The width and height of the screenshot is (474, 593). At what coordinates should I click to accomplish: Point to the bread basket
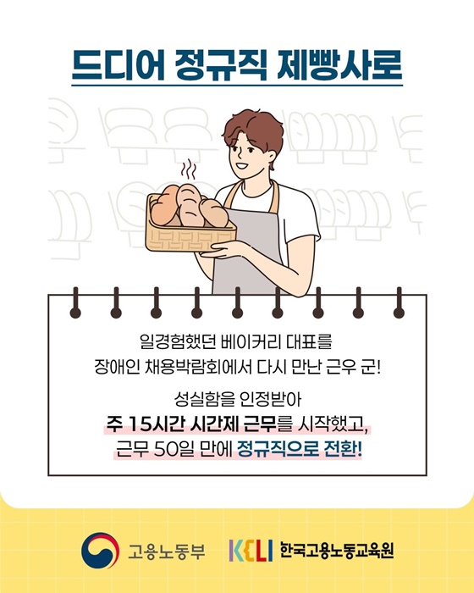190,225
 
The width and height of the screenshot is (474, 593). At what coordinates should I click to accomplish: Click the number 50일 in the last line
174,447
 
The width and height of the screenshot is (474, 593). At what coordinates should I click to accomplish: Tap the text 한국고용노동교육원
336,551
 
